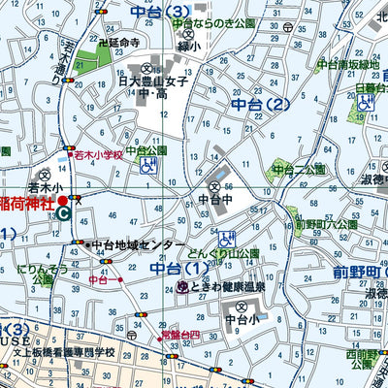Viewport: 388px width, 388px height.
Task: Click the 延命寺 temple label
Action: tap(119, 44)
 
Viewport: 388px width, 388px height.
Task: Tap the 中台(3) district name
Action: tap(159, 13)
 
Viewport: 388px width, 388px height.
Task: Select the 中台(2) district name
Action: tap(261, 105)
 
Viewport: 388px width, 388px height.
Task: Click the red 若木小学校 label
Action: tap(97, 154)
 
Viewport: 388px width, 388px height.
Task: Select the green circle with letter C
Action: tap(64, 213)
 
